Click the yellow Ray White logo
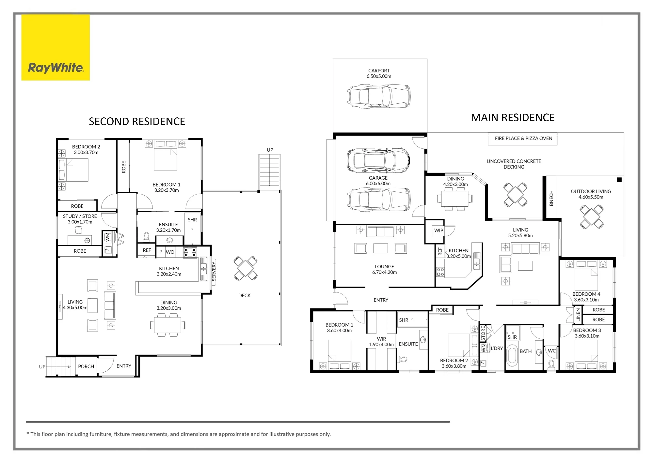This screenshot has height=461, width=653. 56,48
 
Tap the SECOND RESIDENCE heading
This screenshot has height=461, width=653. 137,122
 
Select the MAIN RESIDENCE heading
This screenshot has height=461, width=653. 513,118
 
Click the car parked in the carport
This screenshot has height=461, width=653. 379,96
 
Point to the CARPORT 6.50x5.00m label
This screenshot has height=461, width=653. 379,73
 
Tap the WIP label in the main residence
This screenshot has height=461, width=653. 438,230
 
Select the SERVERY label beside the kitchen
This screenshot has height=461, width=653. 214,271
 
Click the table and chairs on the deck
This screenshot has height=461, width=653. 246,268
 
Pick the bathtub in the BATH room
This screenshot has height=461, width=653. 512,358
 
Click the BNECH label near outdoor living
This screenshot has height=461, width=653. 551,198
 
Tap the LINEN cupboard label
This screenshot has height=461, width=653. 578,315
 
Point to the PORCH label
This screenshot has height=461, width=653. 86,366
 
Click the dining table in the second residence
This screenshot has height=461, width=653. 167,325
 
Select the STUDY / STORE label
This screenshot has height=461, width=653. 80,216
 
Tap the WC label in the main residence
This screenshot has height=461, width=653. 552,351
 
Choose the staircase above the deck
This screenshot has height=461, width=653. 270,172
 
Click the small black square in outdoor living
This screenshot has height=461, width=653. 619,180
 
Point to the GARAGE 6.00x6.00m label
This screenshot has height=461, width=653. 378,181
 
